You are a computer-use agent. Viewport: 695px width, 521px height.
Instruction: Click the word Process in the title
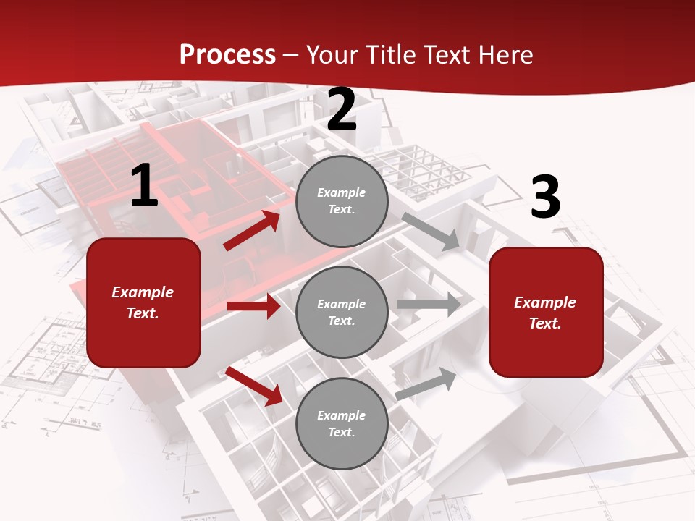(227, 55)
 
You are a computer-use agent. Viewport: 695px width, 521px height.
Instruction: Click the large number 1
(144, 186)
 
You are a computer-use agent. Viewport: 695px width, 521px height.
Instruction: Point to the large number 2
(342, 110)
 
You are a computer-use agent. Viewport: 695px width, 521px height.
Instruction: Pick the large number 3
(545, 198)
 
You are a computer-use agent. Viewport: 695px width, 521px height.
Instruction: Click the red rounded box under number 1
(143, 302)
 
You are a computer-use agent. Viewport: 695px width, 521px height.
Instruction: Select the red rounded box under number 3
(546, 313)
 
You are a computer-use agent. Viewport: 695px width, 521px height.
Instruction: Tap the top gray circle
(342, 201)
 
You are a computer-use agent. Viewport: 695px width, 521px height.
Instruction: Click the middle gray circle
(342, 312)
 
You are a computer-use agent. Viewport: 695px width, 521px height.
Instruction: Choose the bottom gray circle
(342, 423)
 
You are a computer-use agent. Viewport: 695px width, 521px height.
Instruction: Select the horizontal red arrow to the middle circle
(253, 306)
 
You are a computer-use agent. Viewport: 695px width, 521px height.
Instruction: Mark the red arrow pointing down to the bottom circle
(254, 386)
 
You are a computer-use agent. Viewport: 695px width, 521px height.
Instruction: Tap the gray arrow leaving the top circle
(431, 231)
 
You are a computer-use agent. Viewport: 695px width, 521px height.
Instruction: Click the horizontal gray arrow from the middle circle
(428, 305)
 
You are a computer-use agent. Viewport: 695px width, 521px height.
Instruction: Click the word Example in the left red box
(143, 292)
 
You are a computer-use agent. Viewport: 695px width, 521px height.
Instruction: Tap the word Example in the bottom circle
(342, 415)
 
